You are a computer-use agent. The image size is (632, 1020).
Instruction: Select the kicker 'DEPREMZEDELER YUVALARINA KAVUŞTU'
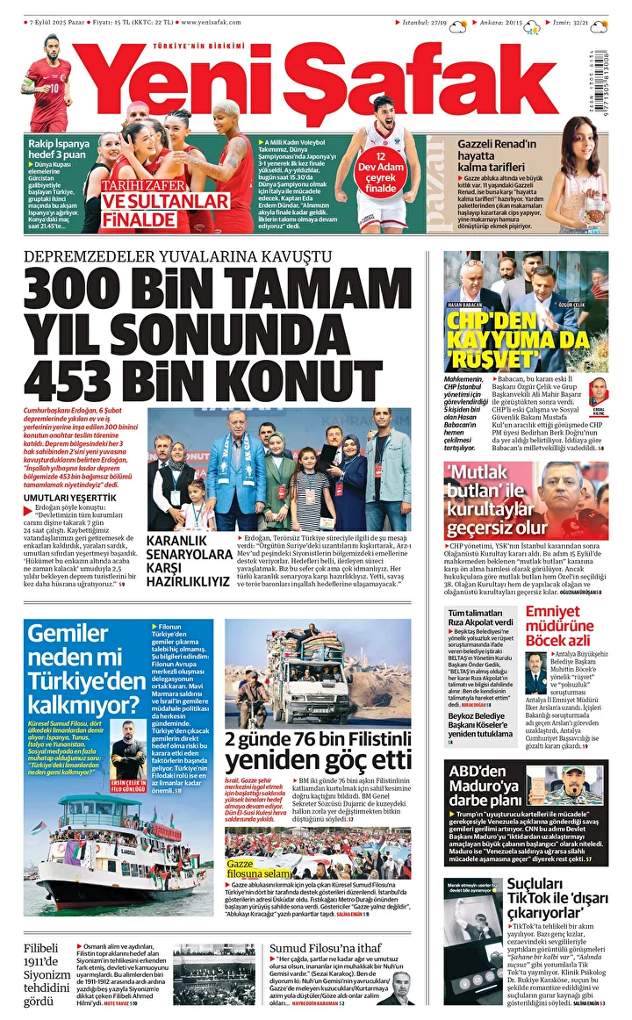point(178,255)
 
